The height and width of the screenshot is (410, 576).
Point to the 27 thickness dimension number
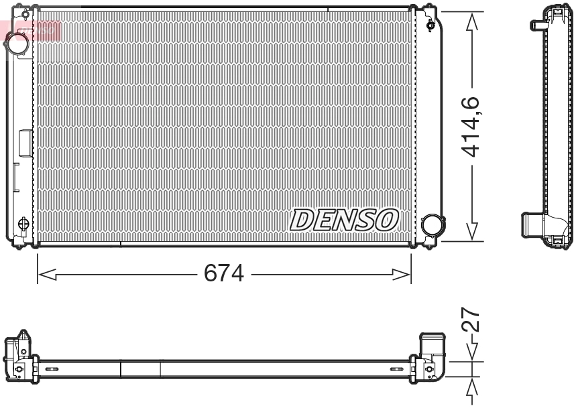pos(472,321)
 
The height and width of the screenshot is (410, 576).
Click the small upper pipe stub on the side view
pos(537,25)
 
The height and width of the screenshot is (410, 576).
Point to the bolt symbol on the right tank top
pos(430,25)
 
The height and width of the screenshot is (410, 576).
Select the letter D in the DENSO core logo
pos(300,220)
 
